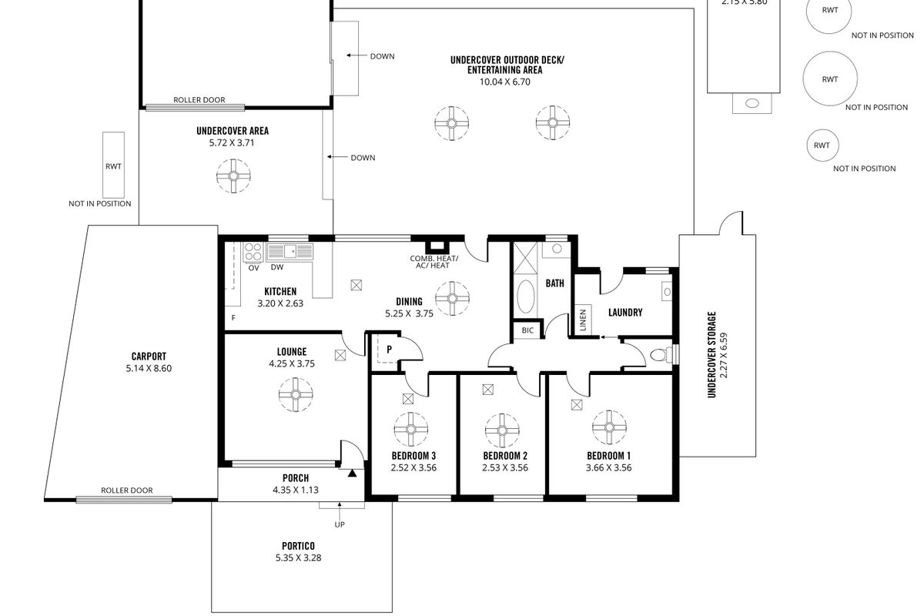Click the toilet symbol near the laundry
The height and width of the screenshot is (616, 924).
(661, 355)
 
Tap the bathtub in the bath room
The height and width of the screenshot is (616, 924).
(525, 296)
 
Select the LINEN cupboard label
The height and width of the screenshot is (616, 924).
(583, 320)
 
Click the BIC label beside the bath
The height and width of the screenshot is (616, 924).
(527, 330)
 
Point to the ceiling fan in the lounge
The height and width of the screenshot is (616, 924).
(296, 394)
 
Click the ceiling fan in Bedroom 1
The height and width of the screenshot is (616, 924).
(609, 427)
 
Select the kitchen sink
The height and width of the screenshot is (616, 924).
(290, 251)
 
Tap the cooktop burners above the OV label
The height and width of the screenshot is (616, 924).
(253, 252)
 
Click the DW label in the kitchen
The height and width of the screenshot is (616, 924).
(277, 267)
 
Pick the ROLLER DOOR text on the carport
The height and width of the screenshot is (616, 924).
(126, 490)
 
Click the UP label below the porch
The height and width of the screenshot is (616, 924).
(340, 524)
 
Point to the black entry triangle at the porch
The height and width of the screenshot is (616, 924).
(352, 474)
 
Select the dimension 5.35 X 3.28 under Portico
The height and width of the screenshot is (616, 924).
(298, 557)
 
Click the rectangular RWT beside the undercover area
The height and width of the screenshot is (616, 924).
(113, 165)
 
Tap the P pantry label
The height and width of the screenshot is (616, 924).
(389, 350)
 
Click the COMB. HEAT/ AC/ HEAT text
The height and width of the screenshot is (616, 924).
(434, 262)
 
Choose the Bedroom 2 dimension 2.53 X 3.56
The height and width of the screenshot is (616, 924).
(505, 467)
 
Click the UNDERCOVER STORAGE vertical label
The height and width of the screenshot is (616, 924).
(711, 354)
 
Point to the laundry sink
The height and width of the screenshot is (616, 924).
(667, 292)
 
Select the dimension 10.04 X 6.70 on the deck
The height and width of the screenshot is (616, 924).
(505, 82)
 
